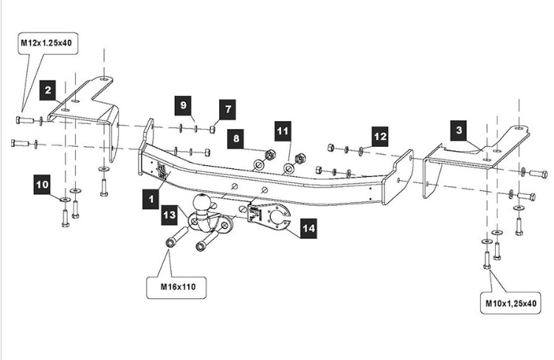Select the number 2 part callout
49,91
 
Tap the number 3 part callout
459,131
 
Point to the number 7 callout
228,109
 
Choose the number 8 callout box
236,138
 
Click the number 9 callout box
184,105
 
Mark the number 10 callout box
42,181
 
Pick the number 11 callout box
283,132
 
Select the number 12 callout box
379,136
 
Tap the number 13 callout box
170,215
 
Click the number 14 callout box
308,229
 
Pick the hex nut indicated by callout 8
269,156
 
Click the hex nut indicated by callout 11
300,159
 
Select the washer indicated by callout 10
65,199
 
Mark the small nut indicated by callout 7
212,129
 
